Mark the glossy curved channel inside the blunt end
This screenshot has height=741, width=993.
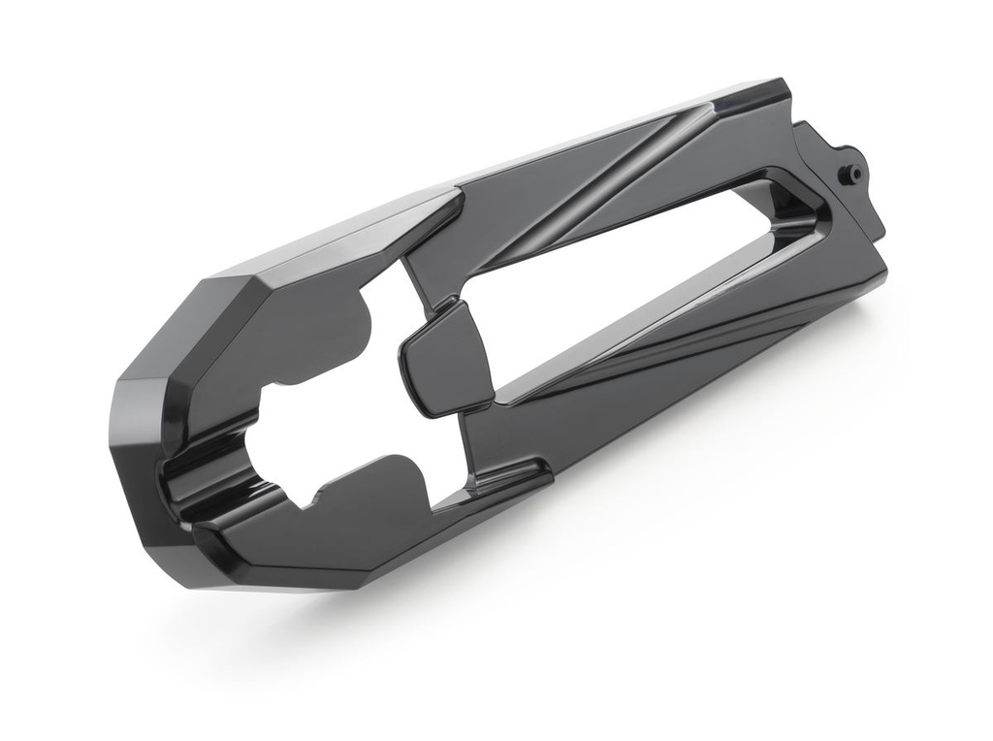208,485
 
